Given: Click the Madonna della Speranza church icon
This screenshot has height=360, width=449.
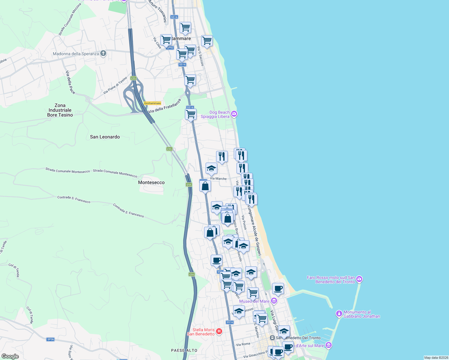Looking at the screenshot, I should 103,53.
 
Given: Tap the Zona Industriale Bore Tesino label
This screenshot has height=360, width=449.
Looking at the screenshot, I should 60,110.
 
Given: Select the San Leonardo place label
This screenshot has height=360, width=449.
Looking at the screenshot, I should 105,137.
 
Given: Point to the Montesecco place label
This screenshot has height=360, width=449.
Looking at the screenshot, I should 151,182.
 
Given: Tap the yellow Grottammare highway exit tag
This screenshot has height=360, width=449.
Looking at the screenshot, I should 152,103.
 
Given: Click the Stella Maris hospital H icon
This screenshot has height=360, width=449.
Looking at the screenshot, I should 219,331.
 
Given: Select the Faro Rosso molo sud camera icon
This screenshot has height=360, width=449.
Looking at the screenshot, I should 359,280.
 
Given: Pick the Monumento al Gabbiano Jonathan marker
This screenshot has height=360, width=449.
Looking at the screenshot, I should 339,314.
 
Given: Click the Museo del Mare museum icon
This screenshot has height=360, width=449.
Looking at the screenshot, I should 274,301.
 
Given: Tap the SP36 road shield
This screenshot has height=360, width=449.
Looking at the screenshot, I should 50,339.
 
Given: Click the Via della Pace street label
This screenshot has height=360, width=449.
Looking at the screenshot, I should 70,82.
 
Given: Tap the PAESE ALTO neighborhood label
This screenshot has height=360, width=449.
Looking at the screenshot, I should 184,350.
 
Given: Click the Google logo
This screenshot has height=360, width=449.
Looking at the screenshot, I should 10,356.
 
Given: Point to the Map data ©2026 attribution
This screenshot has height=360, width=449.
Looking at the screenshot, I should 436,358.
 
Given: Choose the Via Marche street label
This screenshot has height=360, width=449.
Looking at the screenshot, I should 218,178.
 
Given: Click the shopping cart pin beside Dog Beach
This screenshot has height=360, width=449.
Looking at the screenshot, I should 191,114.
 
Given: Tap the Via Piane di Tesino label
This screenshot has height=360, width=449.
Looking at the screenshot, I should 115,85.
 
